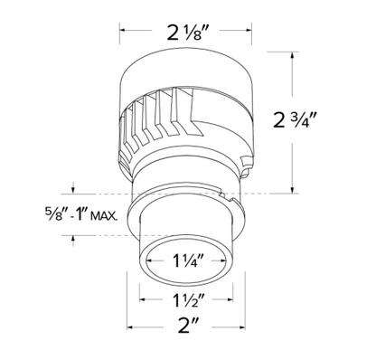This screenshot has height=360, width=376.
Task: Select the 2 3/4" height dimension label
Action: tap(295, 119)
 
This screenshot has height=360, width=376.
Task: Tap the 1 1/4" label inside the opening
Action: tap(186, 261)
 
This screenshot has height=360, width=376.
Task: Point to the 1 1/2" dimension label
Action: tap(186, 299)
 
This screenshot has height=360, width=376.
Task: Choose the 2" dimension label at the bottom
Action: tap(187, 327)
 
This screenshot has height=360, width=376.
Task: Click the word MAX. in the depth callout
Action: tap(104, 216)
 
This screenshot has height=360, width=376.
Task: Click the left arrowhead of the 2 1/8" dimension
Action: tap(123, 30)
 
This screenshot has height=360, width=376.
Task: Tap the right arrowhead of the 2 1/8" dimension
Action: tap(249, 30)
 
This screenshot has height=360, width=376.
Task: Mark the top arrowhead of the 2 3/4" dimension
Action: tap(292, 55)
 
